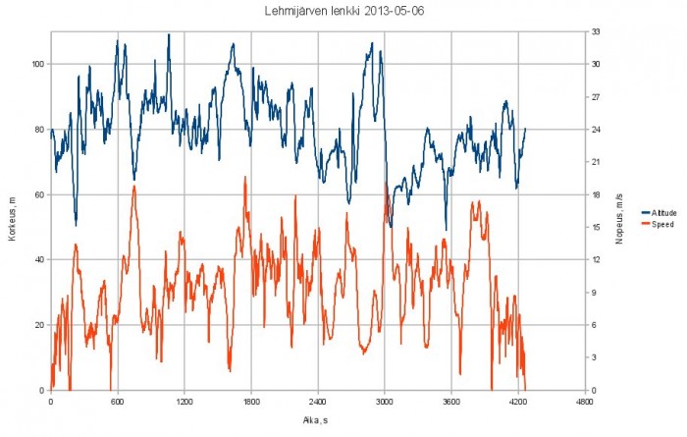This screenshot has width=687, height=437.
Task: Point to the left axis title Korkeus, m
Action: [x=11, y=212]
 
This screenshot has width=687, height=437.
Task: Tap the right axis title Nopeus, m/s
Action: [x=620, y=212]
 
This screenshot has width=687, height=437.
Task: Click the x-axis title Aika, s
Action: [x=317, y=419]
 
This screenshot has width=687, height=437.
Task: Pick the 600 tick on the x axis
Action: [x=117, y=402]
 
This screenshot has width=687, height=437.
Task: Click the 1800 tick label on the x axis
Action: [x=250, y=402]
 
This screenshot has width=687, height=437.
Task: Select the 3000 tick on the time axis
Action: [x=384, y=402]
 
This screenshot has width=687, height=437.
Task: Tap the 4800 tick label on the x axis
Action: [x=584, y=402]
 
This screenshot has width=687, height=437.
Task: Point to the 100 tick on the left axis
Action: [x=38, y=65]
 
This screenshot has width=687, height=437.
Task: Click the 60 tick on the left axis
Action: [x=40, y=195]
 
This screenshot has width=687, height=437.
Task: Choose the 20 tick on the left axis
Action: [x=40, y=325]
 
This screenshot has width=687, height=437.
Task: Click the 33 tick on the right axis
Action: [x=596, y=32]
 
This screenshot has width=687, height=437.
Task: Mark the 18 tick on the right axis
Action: [x=596, y=195]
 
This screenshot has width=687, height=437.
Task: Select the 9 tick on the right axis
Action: [x=594, y=293]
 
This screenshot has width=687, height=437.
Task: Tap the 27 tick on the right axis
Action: [x=596, y=97]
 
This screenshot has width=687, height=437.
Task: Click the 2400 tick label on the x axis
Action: [x=317, y=402]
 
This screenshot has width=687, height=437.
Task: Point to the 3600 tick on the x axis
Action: [x=450, y=402]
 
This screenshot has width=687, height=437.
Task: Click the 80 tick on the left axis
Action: [x=40, y=130]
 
